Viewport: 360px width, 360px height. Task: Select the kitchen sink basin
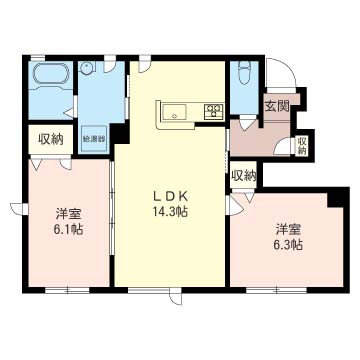[174, 112]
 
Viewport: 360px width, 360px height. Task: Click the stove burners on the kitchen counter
[214, 111]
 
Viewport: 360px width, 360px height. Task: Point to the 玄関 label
[277, 106]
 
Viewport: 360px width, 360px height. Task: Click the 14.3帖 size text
[170, 211]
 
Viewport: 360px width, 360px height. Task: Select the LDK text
[170, 197]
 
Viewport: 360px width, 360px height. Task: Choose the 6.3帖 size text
[289, 245]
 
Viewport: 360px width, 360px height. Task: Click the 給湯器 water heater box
[94, 138]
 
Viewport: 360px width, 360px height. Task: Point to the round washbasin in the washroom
[87, 67]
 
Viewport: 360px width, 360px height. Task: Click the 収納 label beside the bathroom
[51, 139]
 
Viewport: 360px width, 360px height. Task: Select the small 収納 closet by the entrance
[302, 146]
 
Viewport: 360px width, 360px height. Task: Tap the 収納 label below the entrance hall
[244, 175]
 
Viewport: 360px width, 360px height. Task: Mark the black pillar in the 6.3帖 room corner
[338, 198]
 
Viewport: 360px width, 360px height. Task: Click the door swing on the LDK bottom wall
[176, 297]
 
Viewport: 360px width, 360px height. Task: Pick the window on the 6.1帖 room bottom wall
[67, 290]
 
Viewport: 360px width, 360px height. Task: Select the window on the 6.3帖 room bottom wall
[277, 290]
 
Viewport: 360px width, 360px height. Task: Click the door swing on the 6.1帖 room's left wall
[17, 208]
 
